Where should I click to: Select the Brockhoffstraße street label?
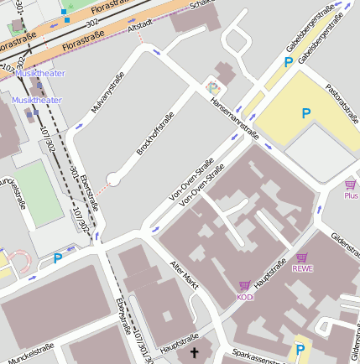pos(155,133)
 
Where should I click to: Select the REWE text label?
pos(302,268)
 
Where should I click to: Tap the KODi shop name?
pos(245,297)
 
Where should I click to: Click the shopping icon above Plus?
pos(350,184)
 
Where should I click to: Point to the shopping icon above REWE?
pos(302,257)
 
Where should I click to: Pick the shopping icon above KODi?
pos(245,285)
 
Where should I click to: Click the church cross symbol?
pos(195,353)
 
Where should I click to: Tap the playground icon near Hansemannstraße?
pos(213,86)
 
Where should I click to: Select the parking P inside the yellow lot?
pos(306,113)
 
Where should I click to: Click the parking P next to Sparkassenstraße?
pos(300,349)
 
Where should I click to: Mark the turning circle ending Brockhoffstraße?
pos(114,179)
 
